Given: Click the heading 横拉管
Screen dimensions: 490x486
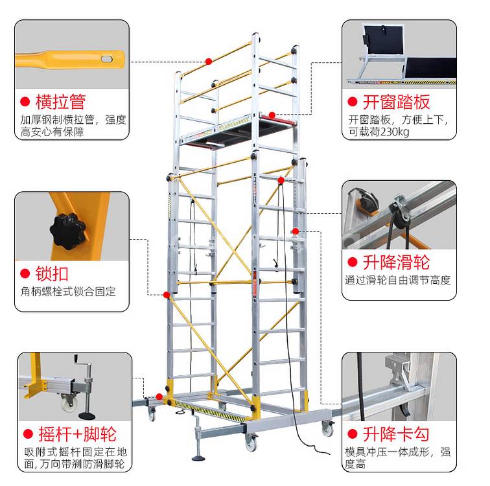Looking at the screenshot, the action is (x=61, y=102).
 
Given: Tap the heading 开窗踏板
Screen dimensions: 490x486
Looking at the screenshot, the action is (x=396, y=102).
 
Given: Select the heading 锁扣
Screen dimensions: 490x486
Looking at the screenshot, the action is (x=52, y=273).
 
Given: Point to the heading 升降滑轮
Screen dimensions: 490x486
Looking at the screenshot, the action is (x=396, y=262).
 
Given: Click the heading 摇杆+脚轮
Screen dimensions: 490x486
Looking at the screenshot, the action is (x=78, y=434).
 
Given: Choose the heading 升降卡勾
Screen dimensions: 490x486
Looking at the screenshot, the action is (x=396, y=434).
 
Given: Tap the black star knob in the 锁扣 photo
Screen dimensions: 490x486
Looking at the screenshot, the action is (x=68, y=231).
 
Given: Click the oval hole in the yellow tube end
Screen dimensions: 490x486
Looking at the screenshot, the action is (x=106, y=59).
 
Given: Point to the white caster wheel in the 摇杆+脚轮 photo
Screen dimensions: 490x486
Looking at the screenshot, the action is (x=68, y=404).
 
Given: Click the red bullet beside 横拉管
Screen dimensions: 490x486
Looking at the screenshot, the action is (x=25, y=102).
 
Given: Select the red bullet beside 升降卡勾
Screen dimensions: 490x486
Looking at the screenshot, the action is (x=353, y=434).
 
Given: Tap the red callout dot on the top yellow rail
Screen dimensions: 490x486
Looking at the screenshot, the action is (x=209, y=62).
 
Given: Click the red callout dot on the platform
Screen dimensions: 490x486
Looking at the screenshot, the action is (x=272, y=115).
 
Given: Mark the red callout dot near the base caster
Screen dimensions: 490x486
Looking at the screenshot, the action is (x=159, y=397).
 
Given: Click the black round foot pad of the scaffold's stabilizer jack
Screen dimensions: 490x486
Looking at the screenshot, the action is (x=198, y=458).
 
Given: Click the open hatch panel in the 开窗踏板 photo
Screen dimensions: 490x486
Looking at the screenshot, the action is (x=383, y=40).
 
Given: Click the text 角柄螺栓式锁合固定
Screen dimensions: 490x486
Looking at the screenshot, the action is (x=68, y=292).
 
